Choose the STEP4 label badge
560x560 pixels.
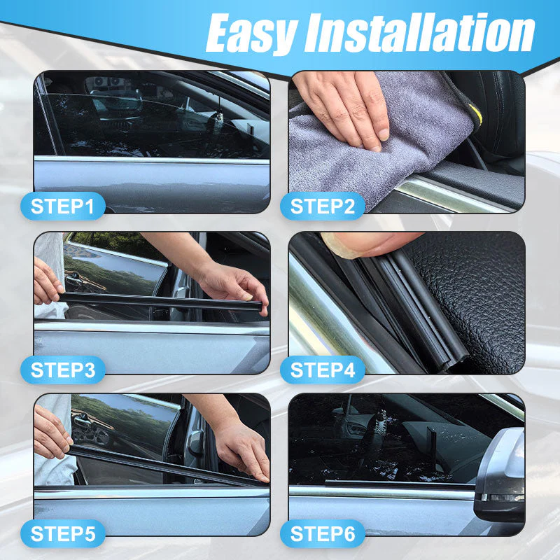(323, 370)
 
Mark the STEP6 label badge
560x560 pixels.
(323, 534)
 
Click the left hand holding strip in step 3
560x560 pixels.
(48, 280)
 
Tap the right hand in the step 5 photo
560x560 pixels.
(241, 448)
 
